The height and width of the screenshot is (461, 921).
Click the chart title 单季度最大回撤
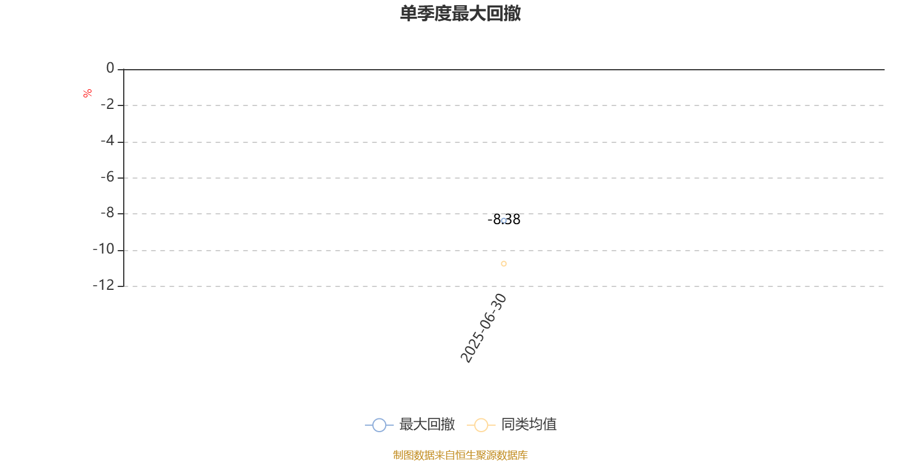tap(460, 13)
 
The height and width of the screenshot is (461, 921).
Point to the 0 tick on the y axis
tap(110, 68)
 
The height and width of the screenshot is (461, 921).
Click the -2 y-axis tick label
tap(108, 104)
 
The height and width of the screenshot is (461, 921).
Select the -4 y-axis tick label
tap(108, 141)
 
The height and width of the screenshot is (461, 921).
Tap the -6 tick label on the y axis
tap(108, 177)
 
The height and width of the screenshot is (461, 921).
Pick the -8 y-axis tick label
tap(108, 213)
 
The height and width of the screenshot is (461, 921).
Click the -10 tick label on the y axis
tap(104, 249)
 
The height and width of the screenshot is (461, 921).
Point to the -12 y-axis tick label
tap(104, 285)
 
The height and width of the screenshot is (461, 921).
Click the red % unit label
tap(87, 93)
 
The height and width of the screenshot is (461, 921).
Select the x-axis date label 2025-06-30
tap(484, 328)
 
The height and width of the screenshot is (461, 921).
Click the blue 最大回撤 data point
tap(504, 221)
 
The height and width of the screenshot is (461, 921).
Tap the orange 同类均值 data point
tap(504, 264)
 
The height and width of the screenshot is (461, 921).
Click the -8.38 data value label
tap(504, 220)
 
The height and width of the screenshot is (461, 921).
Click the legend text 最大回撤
tap(427, 424)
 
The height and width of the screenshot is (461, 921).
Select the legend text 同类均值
tap(529, 424)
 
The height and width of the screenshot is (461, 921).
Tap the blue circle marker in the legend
tap(379, 425)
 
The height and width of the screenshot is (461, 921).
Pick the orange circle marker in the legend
tap(481, 425)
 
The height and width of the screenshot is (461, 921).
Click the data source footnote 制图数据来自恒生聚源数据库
tap(460, 455)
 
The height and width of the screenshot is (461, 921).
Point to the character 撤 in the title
tap(512, 13)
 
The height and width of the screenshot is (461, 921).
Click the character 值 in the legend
tap(550, 424)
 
